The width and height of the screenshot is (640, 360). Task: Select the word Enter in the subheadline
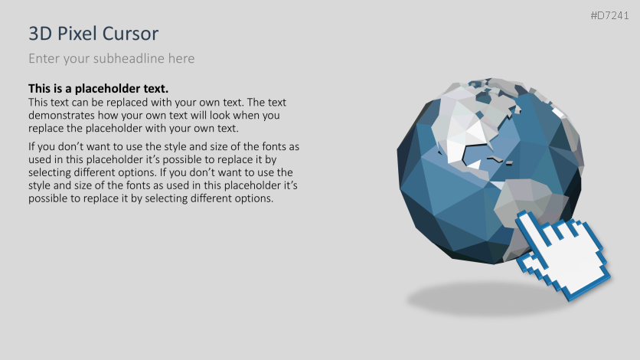point(44,58)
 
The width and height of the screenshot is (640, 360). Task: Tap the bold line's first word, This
point(41,89)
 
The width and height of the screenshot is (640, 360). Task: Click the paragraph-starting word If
point(32,146)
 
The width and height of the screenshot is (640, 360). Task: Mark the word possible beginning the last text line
point(51,198)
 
